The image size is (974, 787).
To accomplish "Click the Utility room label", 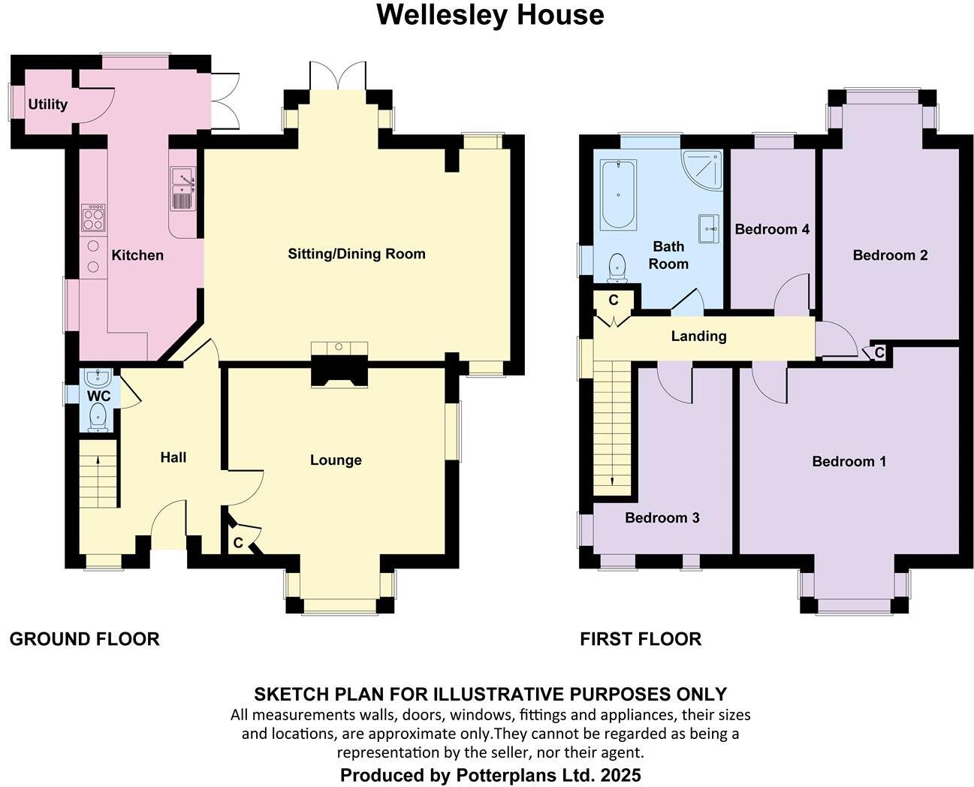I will coord(48,104).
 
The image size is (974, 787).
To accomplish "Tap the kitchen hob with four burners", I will coord(93,217).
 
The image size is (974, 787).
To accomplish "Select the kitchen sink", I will coord(182,188).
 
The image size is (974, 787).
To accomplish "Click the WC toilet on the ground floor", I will coord(98,417).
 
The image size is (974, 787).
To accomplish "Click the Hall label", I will coord(173,457).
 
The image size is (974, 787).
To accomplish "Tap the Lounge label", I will coord(336,460).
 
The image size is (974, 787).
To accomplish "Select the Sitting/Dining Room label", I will coord(357,254).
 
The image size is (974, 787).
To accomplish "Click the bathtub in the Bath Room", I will coord(619,194).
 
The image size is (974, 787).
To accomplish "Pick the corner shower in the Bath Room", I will coord(704,169).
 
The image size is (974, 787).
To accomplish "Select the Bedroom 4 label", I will coord(772,229).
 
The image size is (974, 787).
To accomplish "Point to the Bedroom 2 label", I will coord(890,255).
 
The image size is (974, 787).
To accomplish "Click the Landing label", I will coord(698,336).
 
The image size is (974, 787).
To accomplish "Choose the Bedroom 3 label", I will coord(662,517).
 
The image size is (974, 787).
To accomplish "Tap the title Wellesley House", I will coord(490,15).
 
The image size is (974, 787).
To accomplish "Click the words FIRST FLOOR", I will coord(641,639).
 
